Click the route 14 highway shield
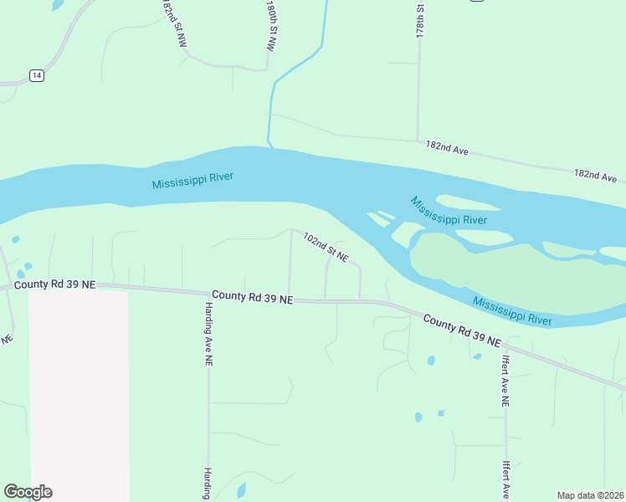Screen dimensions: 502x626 coord(36,75)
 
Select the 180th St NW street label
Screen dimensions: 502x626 coord(271,27)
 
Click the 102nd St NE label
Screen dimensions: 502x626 coord(325,248)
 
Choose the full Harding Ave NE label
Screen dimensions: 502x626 coord(208,336)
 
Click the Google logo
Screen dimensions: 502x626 coord(28,492)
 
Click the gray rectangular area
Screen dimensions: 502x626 coord(79,393)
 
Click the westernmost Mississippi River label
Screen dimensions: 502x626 coord(192,180)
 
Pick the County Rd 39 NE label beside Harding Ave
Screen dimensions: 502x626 coord(252,296)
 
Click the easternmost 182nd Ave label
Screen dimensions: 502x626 coord(595,176)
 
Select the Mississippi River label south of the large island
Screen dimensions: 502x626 coord(511,310)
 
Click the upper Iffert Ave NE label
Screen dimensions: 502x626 coord(505,382)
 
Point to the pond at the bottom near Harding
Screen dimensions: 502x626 coord(241,490)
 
